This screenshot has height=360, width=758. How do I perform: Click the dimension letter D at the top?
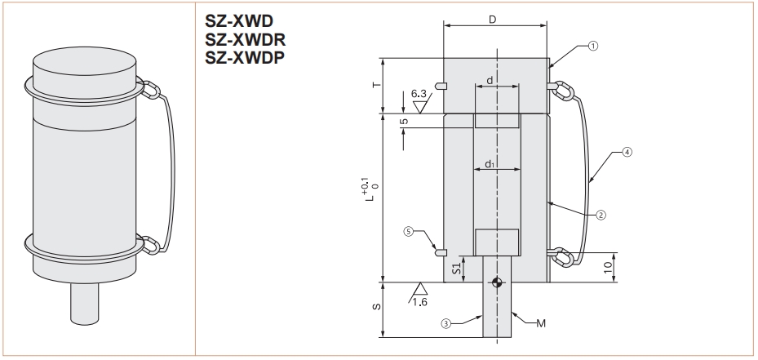pyautogui.click(x=494, y=18)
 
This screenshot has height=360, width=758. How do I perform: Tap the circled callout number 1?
pyautogui.click(x=592, y=47)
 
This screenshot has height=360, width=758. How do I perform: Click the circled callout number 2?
pyautogui.click(x=601, y=216)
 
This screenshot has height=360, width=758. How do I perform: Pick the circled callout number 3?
pyautogui.click(x=446, y=322)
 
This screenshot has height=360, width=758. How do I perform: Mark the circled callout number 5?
pyautogui.click(x=409, y=232)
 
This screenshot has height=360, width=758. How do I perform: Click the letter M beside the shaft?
pyautogui.click(x=540, y=323)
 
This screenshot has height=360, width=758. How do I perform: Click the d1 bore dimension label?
pyautogui.click(x=490, y=164)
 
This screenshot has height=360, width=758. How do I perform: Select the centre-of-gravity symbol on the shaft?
pyautogui.click(x=496, y=282)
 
